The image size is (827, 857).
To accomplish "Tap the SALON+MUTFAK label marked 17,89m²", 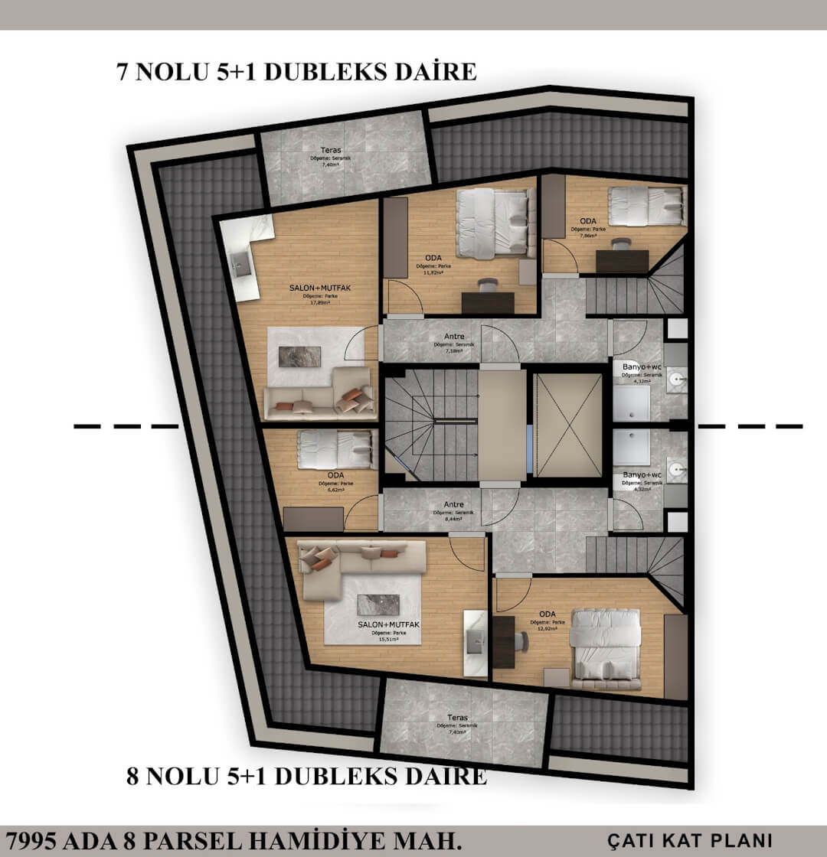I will point(309,288).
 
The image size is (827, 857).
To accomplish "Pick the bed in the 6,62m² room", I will point(334,449).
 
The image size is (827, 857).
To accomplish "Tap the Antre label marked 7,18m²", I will point(455,337).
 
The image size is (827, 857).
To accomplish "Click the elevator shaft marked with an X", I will point(568,425).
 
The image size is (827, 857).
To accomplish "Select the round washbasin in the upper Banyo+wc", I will point(676,377).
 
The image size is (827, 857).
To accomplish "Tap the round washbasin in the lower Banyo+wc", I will point(676,468).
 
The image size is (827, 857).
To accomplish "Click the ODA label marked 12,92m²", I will point(547,614).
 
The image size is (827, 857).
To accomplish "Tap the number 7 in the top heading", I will point(121,72).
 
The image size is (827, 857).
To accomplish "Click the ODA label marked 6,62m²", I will point(335,475).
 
